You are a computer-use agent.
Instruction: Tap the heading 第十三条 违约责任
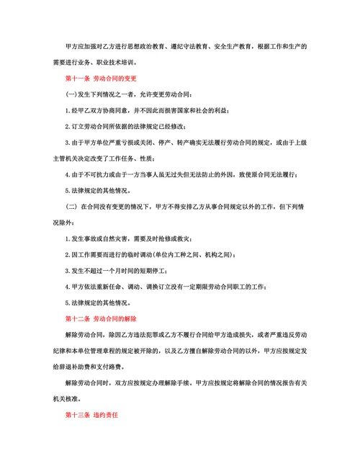tap(91, 416)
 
